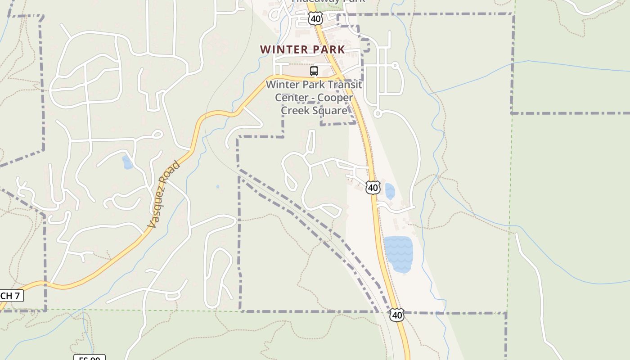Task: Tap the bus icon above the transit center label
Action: point(314,71)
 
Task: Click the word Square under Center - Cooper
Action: point(331,111)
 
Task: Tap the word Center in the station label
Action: point(290,98)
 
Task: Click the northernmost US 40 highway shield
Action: point(315,18)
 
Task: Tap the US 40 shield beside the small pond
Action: point(373,187)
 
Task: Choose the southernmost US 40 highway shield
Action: point(397,315)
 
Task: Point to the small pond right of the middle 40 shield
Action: point(390,191)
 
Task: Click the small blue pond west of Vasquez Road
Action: point(127,162)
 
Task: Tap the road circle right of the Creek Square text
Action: point(378,114)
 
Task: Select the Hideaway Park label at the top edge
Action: point(328,1)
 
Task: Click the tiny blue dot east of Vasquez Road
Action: point(218,186)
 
